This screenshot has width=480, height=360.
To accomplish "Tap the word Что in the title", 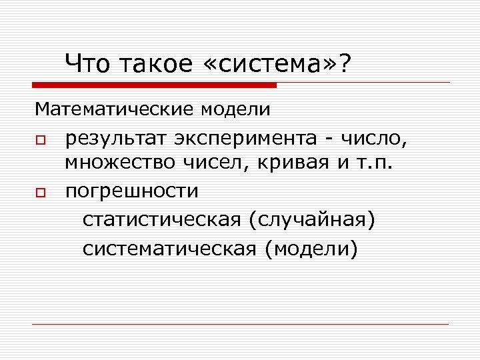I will [89, 65].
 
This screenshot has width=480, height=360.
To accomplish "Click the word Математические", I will [111, 108].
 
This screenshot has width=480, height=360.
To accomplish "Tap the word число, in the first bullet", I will [372, 139].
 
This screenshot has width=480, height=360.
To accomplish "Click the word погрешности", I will [132, 191].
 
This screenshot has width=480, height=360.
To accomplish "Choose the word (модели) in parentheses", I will [311, 249].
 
